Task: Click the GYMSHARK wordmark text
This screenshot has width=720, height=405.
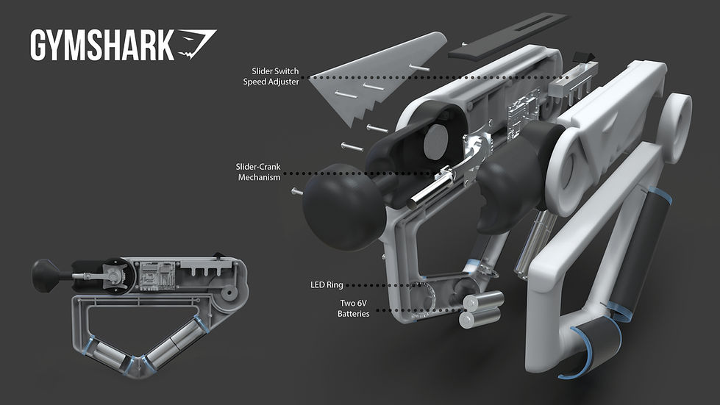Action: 101,46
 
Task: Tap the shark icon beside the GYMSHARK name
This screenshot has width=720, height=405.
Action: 197,44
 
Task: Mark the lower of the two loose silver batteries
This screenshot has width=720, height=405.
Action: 478,318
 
